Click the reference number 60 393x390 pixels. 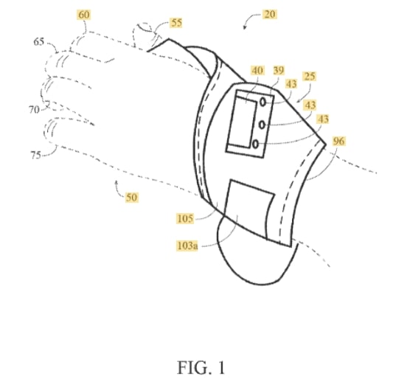[x=84, y=15]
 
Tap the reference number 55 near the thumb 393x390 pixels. [x=176, y=23]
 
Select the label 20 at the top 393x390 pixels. [x=270, y=14]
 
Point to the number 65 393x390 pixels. [x=39, y=41]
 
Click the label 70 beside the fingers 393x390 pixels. [x=34, y=110]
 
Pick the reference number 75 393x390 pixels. [x=36, y=155]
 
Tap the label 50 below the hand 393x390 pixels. [x=131, y=198]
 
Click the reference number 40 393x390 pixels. [x=257, y=71]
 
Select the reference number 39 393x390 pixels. [x=279, y=71]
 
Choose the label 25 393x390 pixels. [x=310, y=76]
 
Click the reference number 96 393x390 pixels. [x=338, y=142]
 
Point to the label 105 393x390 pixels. [x=185, y=218]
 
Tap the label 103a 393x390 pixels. [x=187, y=246]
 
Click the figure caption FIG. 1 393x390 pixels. [x=201, y=368]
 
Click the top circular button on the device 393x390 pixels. [x=262, y=102]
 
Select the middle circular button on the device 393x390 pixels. [x=262, y=125]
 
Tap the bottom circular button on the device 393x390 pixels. [x=255, y=144]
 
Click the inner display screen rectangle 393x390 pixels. [x=243, y=122]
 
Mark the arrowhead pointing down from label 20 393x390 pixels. [x=244, y=27]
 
